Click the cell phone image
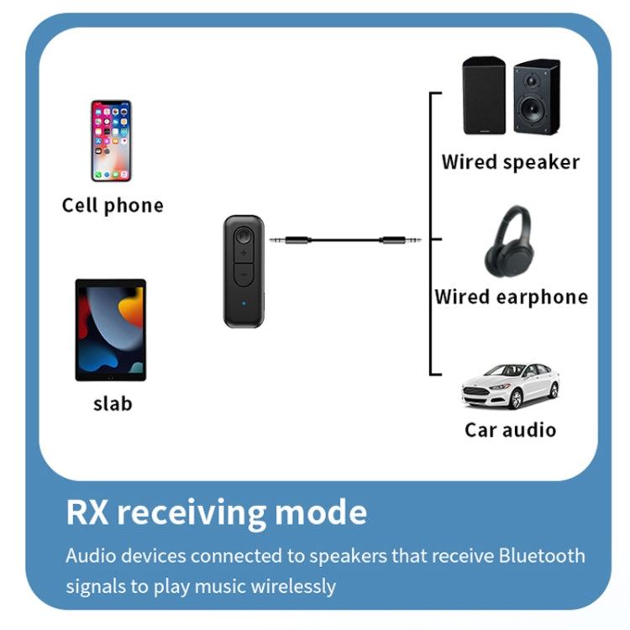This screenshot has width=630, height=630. pyautogui.click(x=112, y=141)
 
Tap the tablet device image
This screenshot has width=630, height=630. pyautogui.click(x=111, y=330)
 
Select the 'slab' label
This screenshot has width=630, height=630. pyautogui.click(x=113, y=403)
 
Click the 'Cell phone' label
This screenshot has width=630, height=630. pyautogui.click(x=113, y=206)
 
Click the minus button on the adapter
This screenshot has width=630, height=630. pyautogui.click(x=241, y=274)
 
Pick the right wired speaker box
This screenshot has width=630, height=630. pyautogui.click(x=534, y=96)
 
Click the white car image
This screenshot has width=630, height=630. pyautogui.click(x=511, y=386)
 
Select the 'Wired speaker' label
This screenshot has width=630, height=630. pyautogui.click(x=511, y=161)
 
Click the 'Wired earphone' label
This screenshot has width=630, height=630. pyautogui.click(x=511, y=297)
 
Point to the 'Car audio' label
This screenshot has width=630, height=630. pyautogui.click(x=511, y=430)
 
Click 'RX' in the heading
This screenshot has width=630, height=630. pyautogui.click(x=89, y=512)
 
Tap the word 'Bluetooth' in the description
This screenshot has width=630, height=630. pyautogui.click(x=541, y=556)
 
